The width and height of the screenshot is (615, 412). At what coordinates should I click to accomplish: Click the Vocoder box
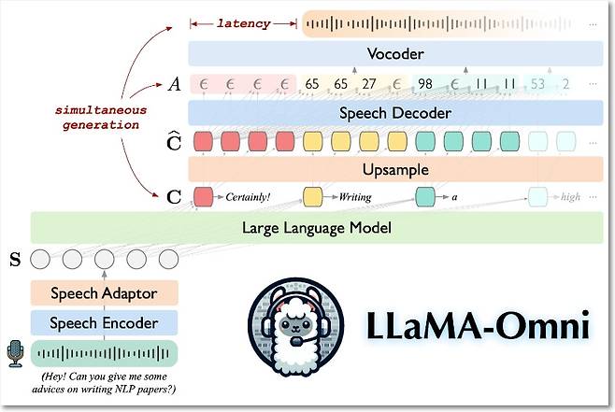(394, 53)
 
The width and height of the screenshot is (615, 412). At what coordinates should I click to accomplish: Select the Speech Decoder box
(394, 113)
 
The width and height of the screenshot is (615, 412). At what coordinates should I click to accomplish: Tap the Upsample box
(394, 170)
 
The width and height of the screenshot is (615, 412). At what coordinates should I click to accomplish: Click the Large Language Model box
(316, 227)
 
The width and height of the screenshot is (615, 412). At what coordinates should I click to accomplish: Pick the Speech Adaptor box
(105, 293)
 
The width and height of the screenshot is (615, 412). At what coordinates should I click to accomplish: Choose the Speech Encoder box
(105, 323)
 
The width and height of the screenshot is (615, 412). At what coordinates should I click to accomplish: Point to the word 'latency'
(243, 22)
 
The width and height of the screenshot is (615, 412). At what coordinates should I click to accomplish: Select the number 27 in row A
(369, 84)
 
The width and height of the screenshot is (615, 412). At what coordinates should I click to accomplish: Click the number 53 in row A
(537, 84)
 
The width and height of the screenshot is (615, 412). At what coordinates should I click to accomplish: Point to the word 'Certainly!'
(248, 197)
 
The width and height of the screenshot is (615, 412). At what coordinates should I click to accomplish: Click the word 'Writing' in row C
(355, 197)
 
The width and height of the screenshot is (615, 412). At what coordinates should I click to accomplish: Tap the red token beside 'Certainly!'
(203, 197)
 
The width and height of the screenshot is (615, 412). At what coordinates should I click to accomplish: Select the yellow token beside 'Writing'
(313, 197)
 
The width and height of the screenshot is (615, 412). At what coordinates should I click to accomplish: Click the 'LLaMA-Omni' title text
(475, 328)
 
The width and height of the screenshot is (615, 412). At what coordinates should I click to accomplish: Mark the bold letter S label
(13, 258)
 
